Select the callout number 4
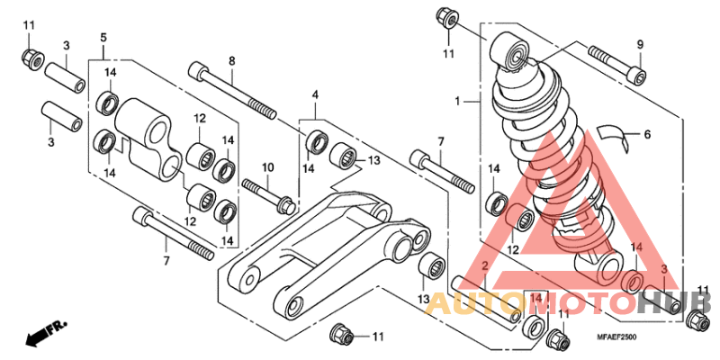click(x=316, y=94)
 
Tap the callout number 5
click(x=103, y=37)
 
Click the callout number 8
click(x=231, y=60)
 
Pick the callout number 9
click(x=641, y=44)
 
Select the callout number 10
click(x=267, y=167)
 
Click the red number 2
click(x=483, y=267)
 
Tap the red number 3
click(x=663, y=269)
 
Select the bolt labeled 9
click(x=618, y=65)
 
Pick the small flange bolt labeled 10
click(x=270, y=195)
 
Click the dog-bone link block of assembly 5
click(x=148, y=135)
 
